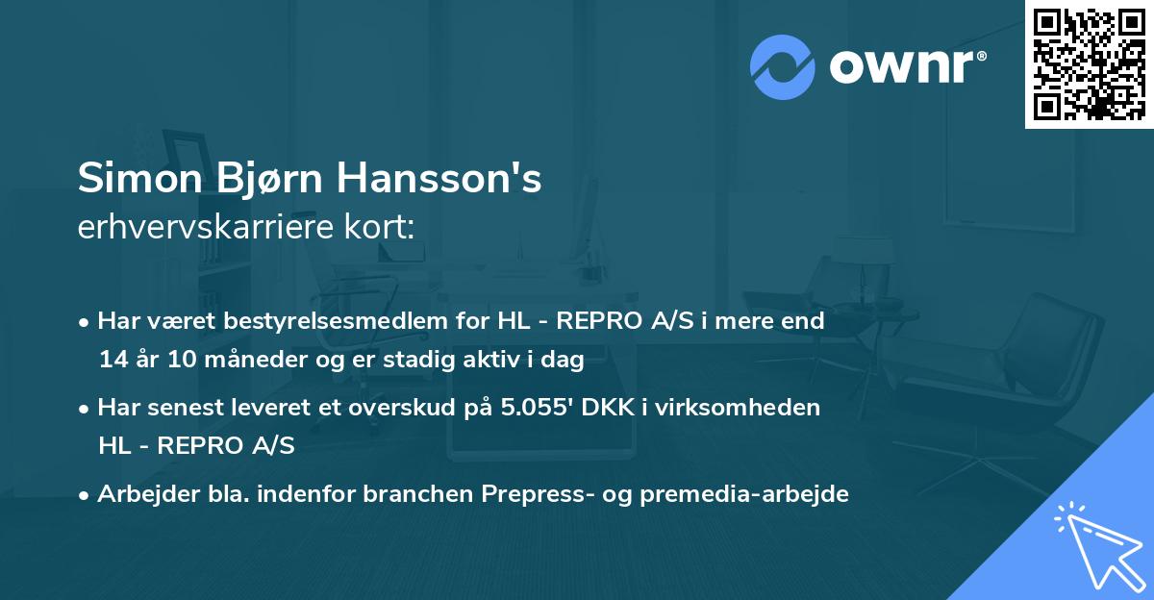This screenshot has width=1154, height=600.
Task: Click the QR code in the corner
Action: (1090, 64)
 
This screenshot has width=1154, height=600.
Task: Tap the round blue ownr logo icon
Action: (783, 67)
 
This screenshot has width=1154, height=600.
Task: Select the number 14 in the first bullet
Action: (112, 361)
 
